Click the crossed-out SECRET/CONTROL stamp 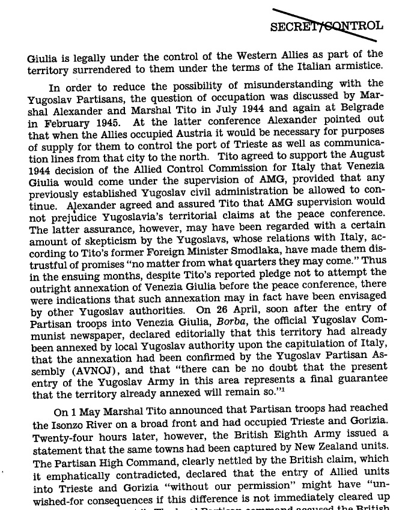[x=326, y=26]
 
